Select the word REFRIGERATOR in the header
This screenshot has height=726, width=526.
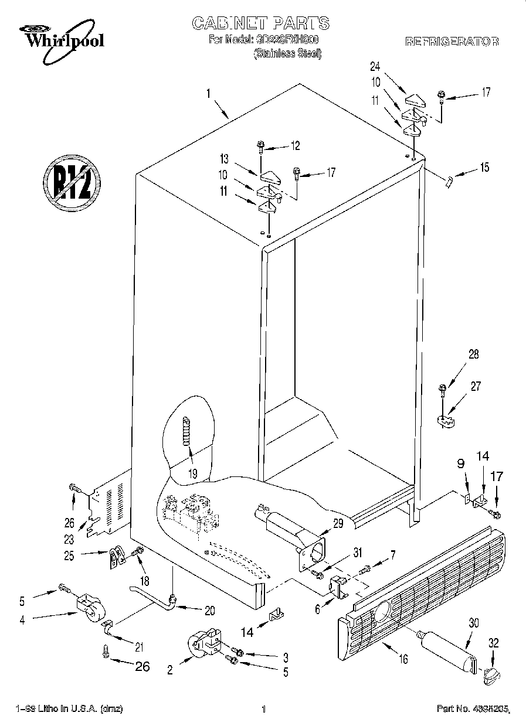click(452, 42)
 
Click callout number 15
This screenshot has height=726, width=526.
click(484, 168)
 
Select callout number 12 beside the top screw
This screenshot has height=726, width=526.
click(294, 145)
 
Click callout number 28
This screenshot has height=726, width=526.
click(473, 353)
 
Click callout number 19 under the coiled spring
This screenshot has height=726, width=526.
click(192, 473)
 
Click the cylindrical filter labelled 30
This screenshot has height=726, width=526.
click(446, 650)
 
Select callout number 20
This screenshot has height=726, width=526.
click(209, 611)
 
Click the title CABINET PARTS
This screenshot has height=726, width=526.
click(261, 23)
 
